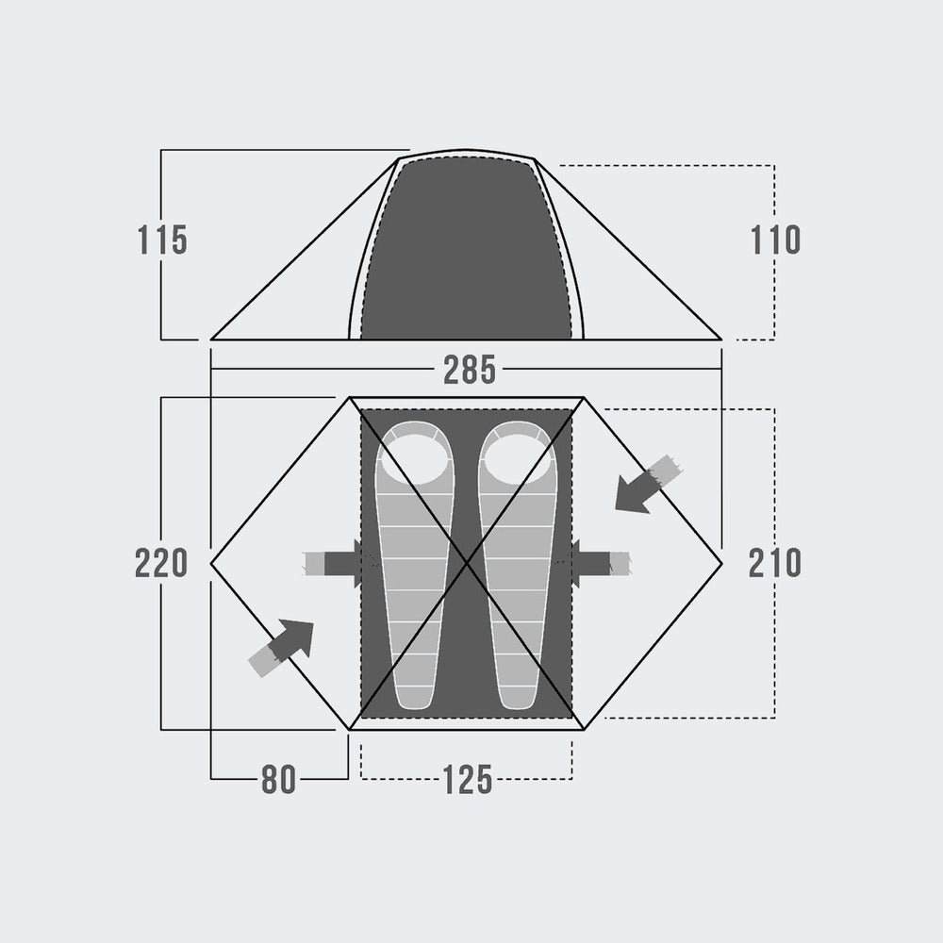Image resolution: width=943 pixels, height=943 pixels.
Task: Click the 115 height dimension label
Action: point(162,240)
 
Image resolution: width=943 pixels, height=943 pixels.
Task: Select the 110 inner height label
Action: point(775,240)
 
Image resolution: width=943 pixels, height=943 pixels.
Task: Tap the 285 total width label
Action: point(469,370)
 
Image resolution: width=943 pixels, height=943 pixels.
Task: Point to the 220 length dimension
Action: point(161,564)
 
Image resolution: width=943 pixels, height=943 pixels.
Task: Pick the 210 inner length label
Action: point(774,564)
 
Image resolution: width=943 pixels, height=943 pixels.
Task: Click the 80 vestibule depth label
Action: point(278,780)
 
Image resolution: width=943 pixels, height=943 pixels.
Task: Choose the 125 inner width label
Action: point(468,780)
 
